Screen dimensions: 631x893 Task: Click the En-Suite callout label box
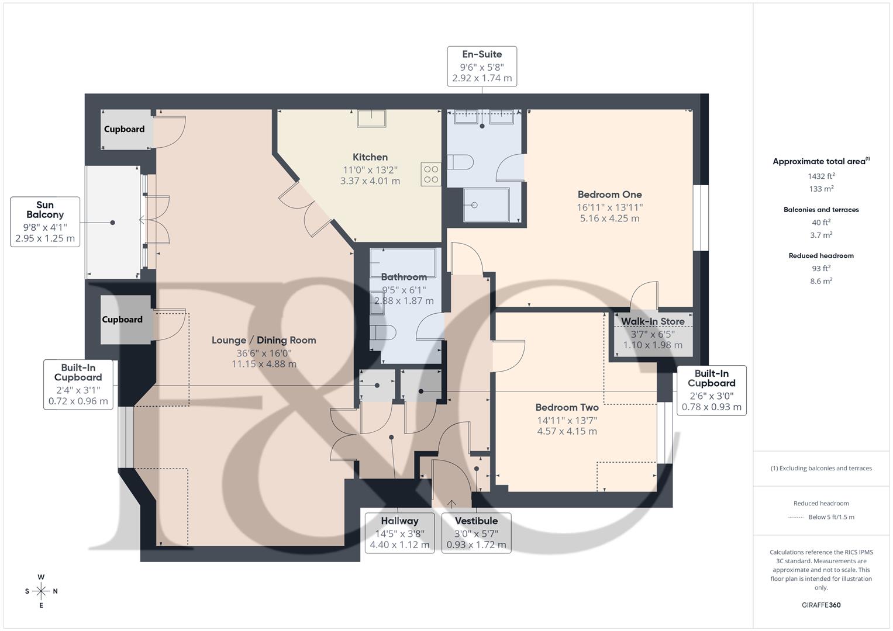pyautogui.click(x=482, y=67)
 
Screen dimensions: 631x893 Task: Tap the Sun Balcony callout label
pyautogui.click(x=45, y=221)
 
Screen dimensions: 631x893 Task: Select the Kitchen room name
pyautogui.click(x=370, y=157)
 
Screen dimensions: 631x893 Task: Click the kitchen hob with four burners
pyautogui.click(x=431, y=175)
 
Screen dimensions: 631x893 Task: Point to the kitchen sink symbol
pyautogui.click(x=372, y=118)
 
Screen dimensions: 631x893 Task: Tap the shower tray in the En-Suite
pyautogui.click(x=485, y=205)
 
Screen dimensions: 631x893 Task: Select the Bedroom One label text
pyautogui.click(x=609, y=195)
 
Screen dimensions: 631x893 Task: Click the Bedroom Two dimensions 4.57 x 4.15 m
pyautogui.click(x=567, y=432)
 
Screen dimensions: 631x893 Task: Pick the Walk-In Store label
pyautogui.click(x=652, y=322)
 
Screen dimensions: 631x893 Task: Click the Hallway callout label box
pyautogui.click(x=399, y=533)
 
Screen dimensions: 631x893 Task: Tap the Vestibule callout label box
pyautogui.click(x=476, y=533)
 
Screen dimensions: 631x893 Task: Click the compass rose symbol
pyautogui.click(x=41, y=591)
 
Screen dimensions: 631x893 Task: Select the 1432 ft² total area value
pyautogui.click(x=821, y=176)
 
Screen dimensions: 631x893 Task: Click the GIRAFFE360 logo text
pyautogui.click(x=821, y=605)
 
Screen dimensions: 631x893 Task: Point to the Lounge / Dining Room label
pyautogui.click(x=264, y=340)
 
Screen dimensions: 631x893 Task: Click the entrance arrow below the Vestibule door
pyautogui.click(x=451, y=504)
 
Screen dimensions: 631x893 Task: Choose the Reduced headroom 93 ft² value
pyautogui.click(x=821, y=268)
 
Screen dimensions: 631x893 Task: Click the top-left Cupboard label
pyautogui.click(x=124, y=129)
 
